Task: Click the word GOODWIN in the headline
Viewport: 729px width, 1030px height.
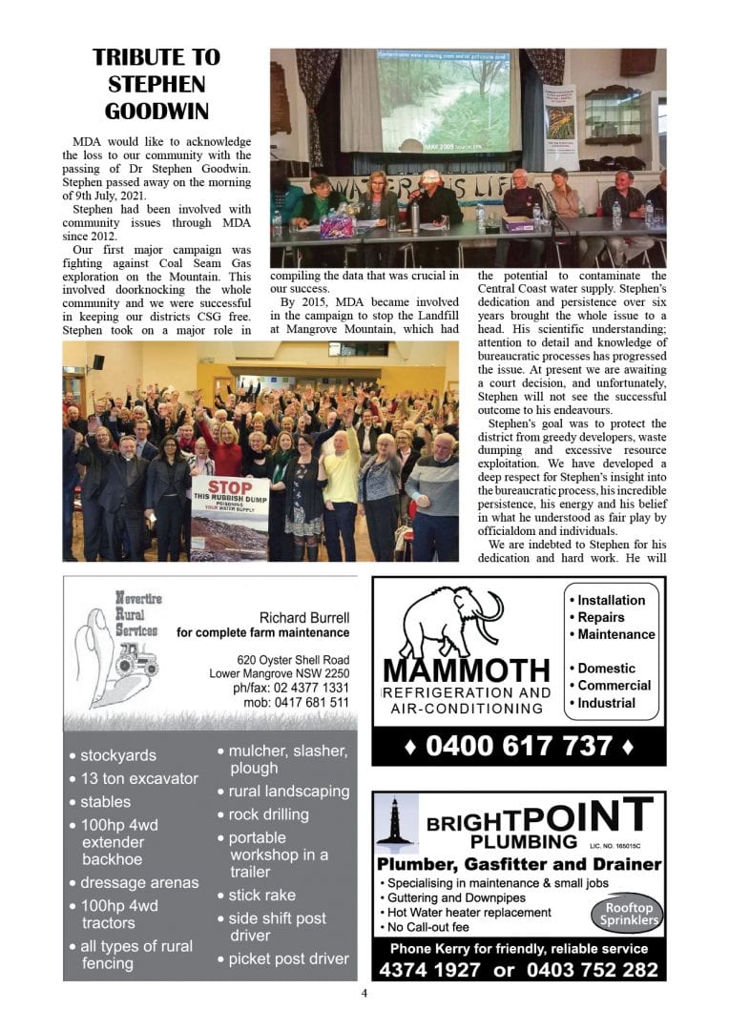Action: [156, 111]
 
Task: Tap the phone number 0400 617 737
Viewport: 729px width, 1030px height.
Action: [518, 745]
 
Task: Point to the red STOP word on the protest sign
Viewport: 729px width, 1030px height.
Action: [230, 487]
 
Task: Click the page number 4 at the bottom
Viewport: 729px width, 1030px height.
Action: [364, 993]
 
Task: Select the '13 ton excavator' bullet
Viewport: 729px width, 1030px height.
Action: [138, 778]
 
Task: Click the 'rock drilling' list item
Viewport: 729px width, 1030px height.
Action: [268, 814]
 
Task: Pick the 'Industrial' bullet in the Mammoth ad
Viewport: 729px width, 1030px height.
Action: [606, 703]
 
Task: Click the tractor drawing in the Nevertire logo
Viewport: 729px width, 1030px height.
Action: [135, 659]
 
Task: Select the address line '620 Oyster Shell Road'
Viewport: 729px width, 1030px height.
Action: [293, 660]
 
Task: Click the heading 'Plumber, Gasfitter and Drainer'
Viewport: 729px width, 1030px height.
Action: [518, 865]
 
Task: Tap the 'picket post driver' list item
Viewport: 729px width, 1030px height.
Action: [288, 958]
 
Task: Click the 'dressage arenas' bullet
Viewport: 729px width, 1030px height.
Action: [139, 882]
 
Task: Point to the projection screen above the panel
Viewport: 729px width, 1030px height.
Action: [448, 99]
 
